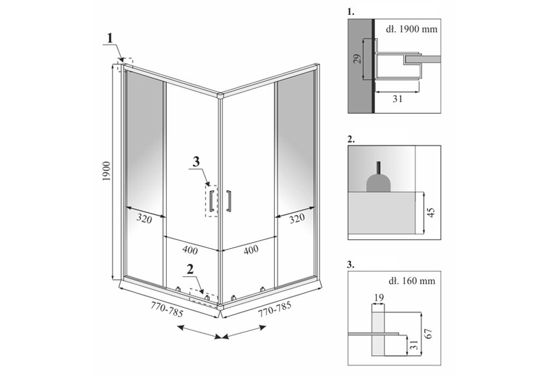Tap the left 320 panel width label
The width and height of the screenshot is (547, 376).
[144, 219]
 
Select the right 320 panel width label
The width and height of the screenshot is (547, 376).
[296, 218]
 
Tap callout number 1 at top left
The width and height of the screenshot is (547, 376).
[110, 38]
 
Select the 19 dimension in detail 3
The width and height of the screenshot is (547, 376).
[377, 297]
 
